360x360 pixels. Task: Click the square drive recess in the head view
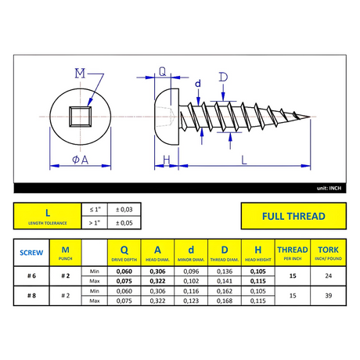[81, 117]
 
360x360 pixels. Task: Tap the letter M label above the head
[80, 74]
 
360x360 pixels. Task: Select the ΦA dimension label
[81, 160]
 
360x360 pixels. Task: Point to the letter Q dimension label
[162, 71]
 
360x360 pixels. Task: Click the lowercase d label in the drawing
[198, 84]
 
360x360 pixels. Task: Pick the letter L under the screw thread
[244, 160]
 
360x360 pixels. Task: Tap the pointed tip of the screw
[310, 117]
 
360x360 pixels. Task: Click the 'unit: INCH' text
[329, 188]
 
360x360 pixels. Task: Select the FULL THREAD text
[293, 216]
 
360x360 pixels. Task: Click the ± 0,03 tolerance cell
[124, 210]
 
